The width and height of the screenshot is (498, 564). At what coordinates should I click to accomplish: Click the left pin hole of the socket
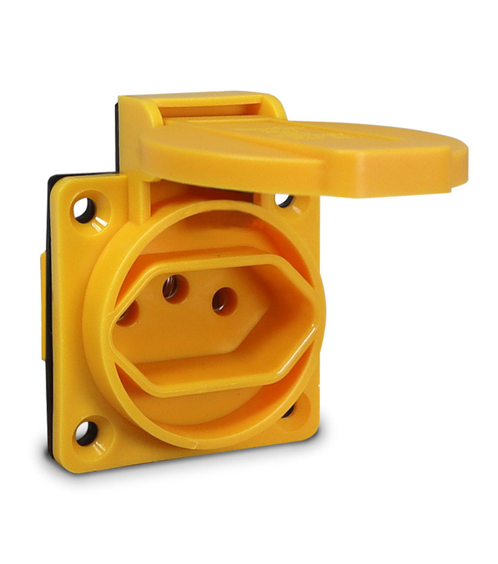coord(127,313)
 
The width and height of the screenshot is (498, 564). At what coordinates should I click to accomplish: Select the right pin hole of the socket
coord(224,301)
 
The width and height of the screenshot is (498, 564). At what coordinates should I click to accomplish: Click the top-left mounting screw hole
coord(84,209)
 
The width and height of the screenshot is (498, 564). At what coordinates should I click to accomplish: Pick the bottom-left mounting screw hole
coord(84,432)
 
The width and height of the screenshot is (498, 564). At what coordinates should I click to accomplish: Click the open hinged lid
coord(299,153)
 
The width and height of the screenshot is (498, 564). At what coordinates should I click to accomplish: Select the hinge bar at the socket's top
coord(199,106)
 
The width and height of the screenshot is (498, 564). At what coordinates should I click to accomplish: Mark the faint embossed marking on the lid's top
coord(279,133)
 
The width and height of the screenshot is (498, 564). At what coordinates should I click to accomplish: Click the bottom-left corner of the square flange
coord(66,464)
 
